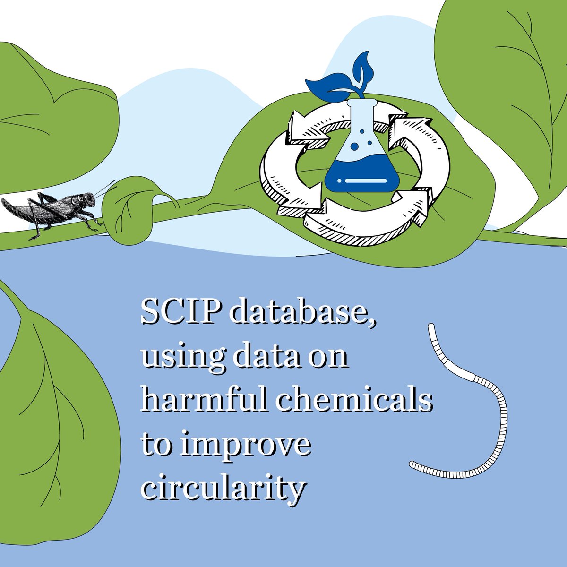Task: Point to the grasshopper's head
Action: coord(88,198)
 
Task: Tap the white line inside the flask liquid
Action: coord(359,180)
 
